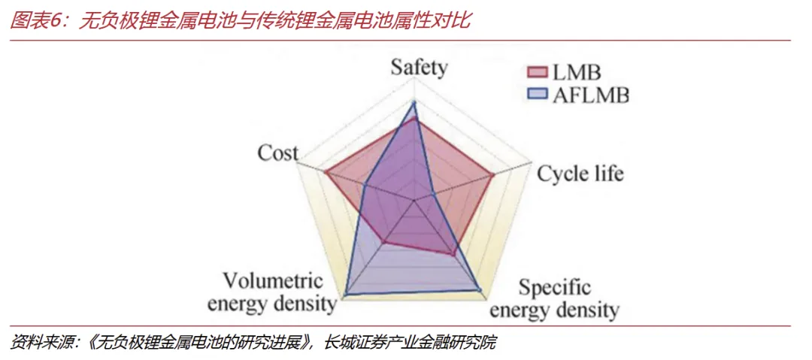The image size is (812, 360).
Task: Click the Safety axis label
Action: pyautogui.click(x=419, y=68)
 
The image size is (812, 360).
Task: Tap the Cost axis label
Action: pyautogui.click(x=277, y=153)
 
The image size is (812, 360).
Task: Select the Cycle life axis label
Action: pyautogui.click(x=580, y=174)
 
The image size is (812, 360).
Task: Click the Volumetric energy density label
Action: pyautogui.click(x=272, y=292)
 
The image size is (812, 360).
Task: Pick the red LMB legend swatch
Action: pyautogui.click(x=537, y=73)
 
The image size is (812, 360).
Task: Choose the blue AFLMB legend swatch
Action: pyautogui.click(x=537, y=95)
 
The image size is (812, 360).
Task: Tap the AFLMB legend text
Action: pyautogui.click(x=590, y=95)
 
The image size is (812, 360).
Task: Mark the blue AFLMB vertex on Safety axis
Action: pyautogui.click(x=414, y=103)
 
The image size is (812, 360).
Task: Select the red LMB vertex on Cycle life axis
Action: pyautogui.click(x=493, y=176)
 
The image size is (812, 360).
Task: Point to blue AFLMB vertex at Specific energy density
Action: pyautogui.click(x=480, y=289)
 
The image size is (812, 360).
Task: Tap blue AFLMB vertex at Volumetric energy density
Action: pyautogui.click(x=347, y=292)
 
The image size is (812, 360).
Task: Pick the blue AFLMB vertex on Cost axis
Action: pyautogui.click(x=364, y=185)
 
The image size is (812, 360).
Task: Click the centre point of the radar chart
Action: pyautogui.click(x=414, y=201)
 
